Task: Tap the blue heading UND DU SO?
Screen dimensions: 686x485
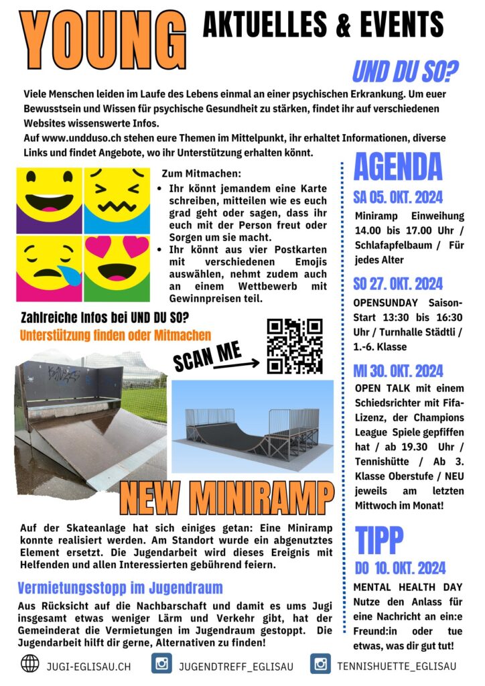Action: click(405, 70)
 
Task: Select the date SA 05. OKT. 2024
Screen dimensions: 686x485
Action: click(398, 198)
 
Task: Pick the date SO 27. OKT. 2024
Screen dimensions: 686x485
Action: click(398, 283)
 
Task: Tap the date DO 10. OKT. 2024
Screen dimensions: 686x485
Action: click(400, 568)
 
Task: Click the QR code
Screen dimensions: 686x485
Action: click(295, 346)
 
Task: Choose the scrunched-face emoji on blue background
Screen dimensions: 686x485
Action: click(117, 199)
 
